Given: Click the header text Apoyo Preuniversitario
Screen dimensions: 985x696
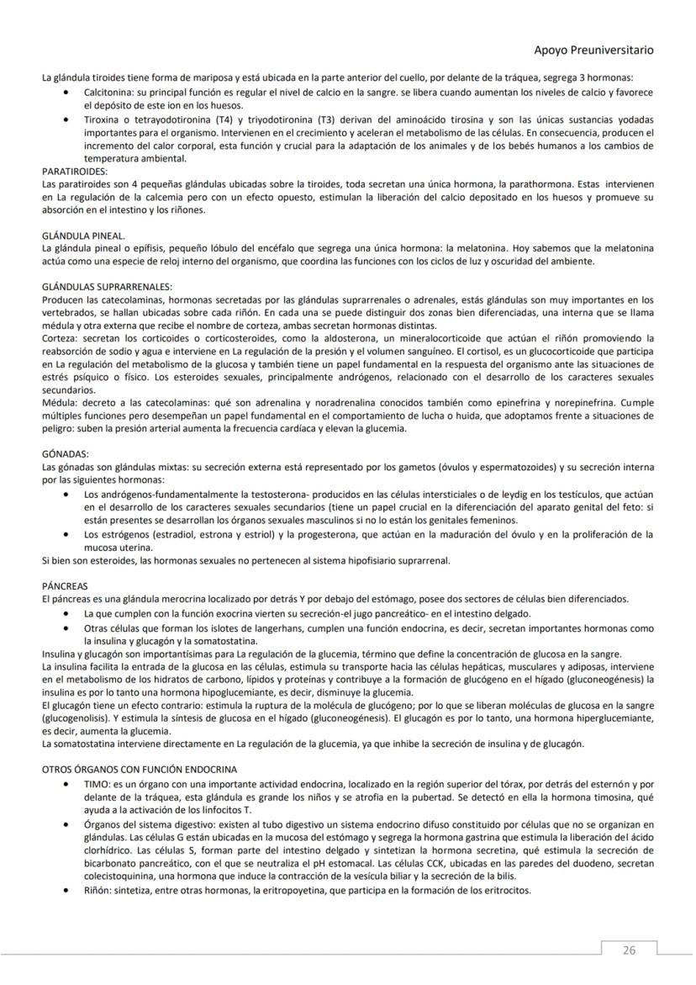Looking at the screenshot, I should coord(593,50).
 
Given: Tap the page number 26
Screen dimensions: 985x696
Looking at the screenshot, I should coord(629,951).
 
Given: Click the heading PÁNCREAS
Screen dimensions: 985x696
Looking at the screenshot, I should coord(65,585).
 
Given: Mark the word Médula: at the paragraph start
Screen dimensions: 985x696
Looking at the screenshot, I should coord(61,403).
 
